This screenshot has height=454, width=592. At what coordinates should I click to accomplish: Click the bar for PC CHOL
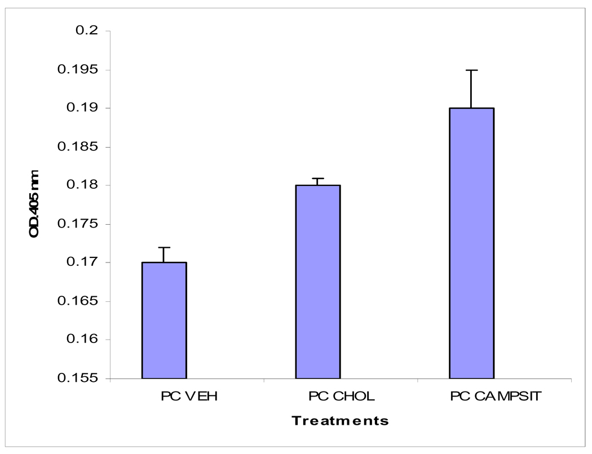317,282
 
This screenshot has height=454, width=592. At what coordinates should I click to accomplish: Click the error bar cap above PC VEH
164,247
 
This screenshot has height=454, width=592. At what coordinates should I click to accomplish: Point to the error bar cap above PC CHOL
317,178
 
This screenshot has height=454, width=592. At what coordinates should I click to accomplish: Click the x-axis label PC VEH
188,397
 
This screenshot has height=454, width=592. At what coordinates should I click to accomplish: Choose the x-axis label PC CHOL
341,397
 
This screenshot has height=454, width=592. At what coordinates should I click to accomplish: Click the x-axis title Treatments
341,421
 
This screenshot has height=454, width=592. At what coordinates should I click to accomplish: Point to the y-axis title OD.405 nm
34,203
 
